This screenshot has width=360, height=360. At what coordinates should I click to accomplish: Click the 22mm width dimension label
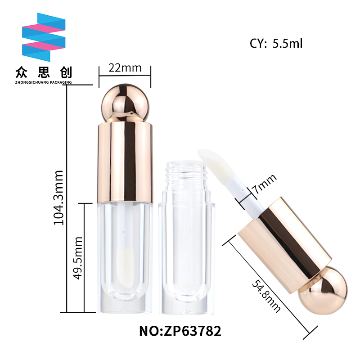point(125,68)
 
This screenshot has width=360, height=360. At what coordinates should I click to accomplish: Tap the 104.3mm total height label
point(58,198)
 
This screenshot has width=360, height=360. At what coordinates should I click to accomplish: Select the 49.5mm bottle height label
point(77,258)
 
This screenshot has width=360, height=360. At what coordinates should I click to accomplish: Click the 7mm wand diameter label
point(264,184)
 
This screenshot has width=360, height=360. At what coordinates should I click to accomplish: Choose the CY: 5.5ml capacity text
point(276,43)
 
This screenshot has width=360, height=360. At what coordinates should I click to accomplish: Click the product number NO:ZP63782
point(180,331)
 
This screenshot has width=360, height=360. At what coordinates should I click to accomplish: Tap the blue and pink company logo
point(44,37)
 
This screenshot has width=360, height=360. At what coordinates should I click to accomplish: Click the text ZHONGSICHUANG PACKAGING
point(43,82)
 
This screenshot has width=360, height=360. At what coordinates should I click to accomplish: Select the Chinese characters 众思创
point(44,72)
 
